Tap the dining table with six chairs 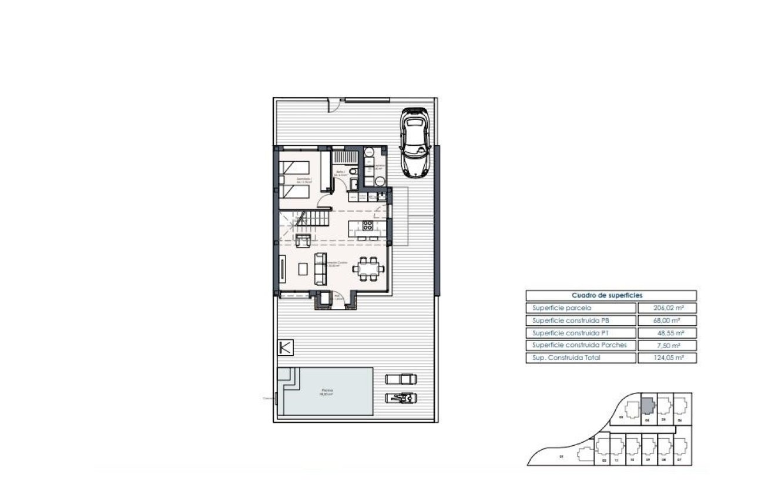(x=368, y=269)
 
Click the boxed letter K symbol (x=285, y=348)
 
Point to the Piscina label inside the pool (x=327, y=391)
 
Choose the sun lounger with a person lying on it (x=401, y=398)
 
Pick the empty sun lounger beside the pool (x=401, y=379)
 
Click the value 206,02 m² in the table (x=666, y=308)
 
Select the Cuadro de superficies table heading (x=611, y=295)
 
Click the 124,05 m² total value (x=666, y=358)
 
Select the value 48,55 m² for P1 (x=666, y=333)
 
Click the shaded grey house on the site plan (x=646, y=406)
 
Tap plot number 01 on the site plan (x=561, y=457)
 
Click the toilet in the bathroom (x=351, y=171)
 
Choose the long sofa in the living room (x=321, y=269)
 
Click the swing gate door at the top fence (x=334, y=105)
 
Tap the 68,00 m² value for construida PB (x=666, y=321)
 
